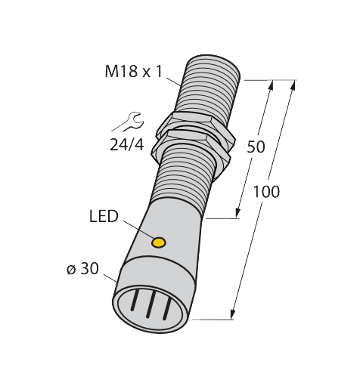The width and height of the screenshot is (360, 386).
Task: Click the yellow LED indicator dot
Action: coord(158,242)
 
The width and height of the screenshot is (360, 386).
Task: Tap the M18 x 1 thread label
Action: coord(134,72)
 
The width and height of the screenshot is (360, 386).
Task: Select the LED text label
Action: coord(104,216)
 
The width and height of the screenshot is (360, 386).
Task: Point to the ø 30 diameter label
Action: coord(82,269)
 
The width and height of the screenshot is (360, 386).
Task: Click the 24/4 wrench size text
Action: coord(127,145)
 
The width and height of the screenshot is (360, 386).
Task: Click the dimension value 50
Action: coord(256,147)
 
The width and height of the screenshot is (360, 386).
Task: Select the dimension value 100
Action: coord(266,192)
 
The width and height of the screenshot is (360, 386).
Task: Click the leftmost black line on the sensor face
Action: coord(135,299)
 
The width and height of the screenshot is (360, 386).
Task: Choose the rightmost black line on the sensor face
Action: coord(167,309)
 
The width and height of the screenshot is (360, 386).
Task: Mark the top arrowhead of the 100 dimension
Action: coord(293,86)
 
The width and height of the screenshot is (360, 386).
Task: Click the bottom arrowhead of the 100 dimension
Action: coord(233,314)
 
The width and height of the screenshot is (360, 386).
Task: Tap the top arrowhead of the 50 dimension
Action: coord(271,86)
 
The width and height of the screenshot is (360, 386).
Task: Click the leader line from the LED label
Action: coord(139,230)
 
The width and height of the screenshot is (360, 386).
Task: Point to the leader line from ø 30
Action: coord(110,278)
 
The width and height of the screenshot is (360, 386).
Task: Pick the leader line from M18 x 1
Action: coord(174,82)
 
